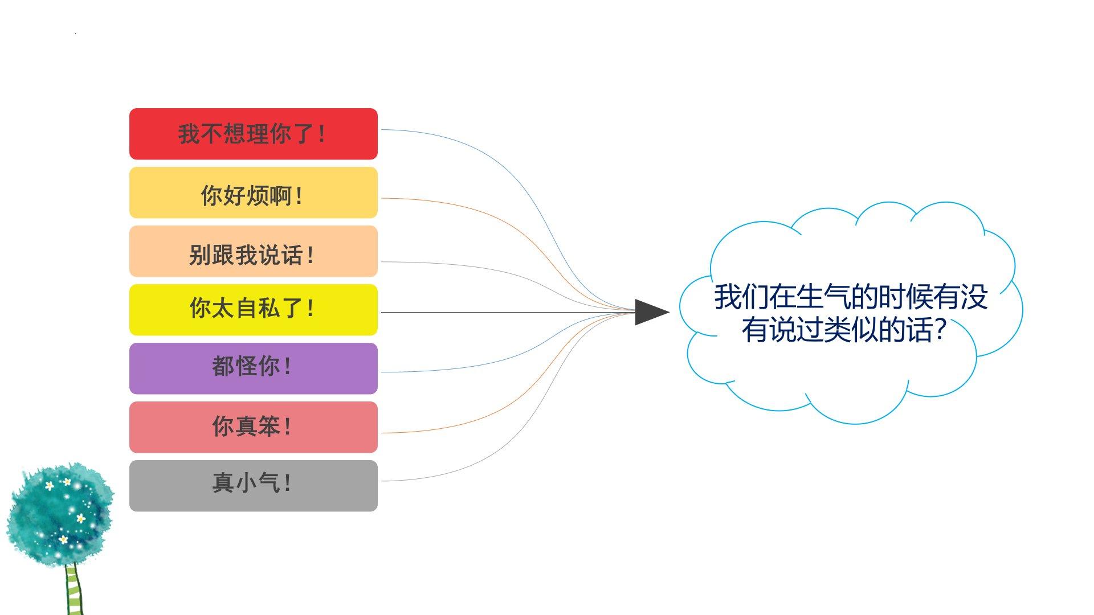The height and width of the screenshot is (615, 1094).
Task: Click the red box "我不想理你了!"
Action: tap(253, 134)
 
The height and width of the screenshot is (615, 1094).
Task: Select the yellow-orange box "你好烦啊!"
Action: tap(253, 193)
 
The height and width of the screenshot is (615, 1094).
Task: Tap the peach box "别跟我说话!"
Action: tap(253, 252)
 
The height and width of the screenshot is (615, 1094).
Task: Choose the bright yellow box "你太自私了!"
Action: tap(253, 310)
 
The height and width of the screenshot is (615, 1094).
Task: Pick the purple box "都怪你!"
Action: tap(253, 368)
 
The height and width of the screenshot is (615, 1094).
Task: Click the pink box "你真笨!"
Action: tap(253, 427)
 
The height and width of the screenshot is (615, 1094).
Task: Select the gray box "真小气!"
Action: tap(253, 486)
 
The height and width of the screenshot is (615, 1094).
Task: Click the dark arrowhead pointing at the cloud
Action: tap(650, 312)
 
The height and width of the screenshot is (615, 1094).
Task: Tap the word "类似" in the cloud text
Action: tap(851, 330)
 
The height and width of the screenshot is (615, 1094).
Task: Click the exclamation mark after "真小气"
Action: tap(287, 483)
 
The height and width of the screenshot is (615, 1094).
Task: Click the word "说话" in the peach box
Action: tap(280, 255)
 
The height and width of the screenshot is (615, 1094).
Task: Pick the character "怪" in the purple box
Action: tap(246, 366)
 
